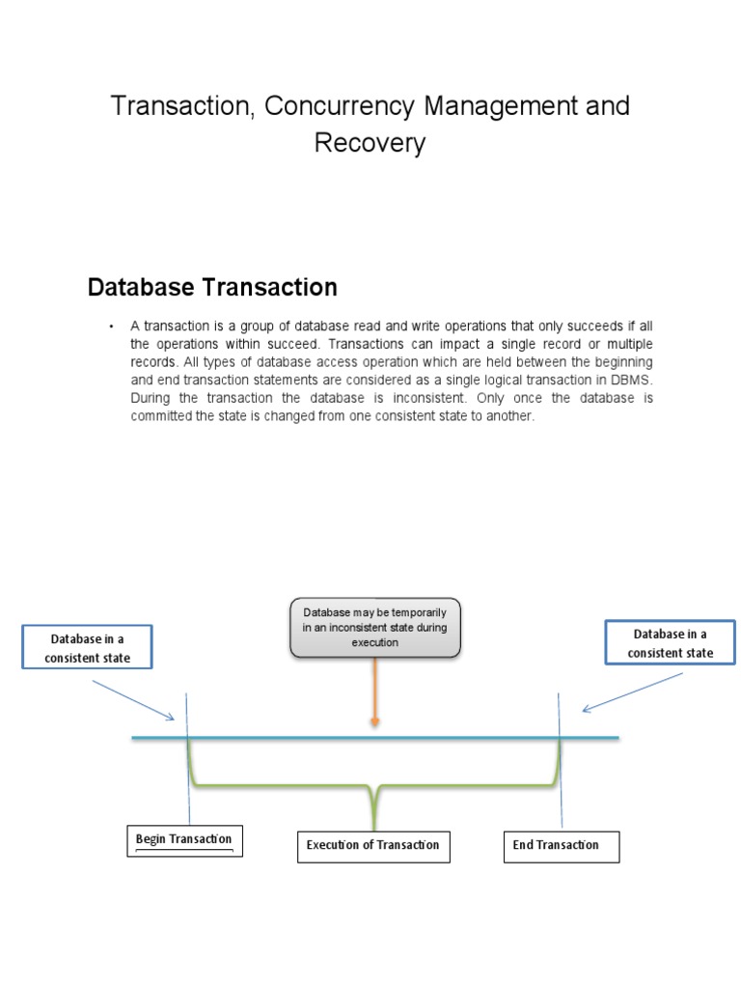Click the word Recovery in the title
370,144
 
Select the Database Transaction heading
212,287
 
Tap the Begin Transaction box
183,839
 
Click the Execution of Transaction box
372,845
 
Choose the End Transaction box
561,845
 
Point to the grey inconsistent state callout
375,628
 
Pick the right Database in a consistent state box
670,643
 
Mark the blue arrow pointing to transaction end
632,692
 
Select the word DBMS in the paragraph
632,380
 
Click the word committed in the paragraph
160,415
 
